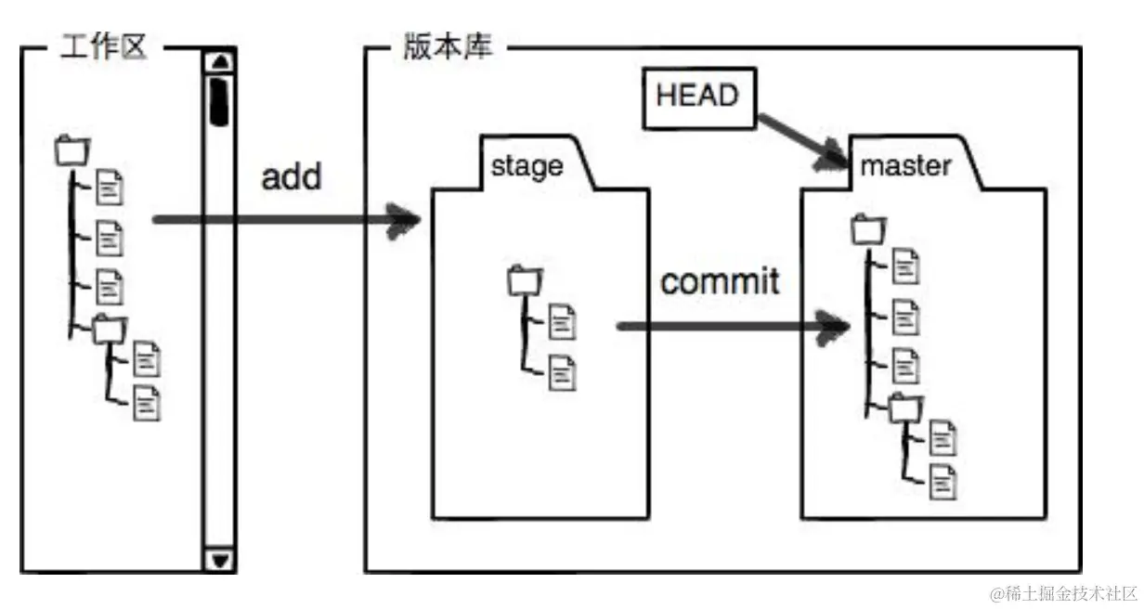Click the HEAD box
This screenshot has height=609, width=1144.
696,97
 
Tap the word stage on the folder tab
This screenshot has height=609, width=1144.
526,166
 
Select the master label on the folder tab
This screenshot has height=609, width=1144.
905,166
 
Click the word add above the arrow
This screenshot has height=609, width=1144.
292,176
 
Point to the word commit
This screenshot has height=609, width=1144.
720,280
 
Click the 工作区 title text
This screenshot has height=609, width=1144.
103,47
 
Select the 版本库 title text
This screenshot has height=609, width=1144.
448,47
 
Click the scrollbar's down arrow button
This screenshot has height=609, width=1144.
221,560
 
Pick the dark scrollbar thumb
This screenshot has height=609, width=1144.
221,100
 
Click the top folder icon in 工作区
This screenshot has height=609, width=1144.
72,150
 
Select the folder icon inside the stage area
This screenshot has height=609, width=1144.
525,279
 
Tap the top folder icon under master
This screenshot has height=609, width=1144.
868,227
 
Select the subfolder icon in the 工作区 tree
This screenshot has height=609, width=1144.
108,327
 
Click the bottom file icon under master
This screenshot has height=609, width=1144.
943,482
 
